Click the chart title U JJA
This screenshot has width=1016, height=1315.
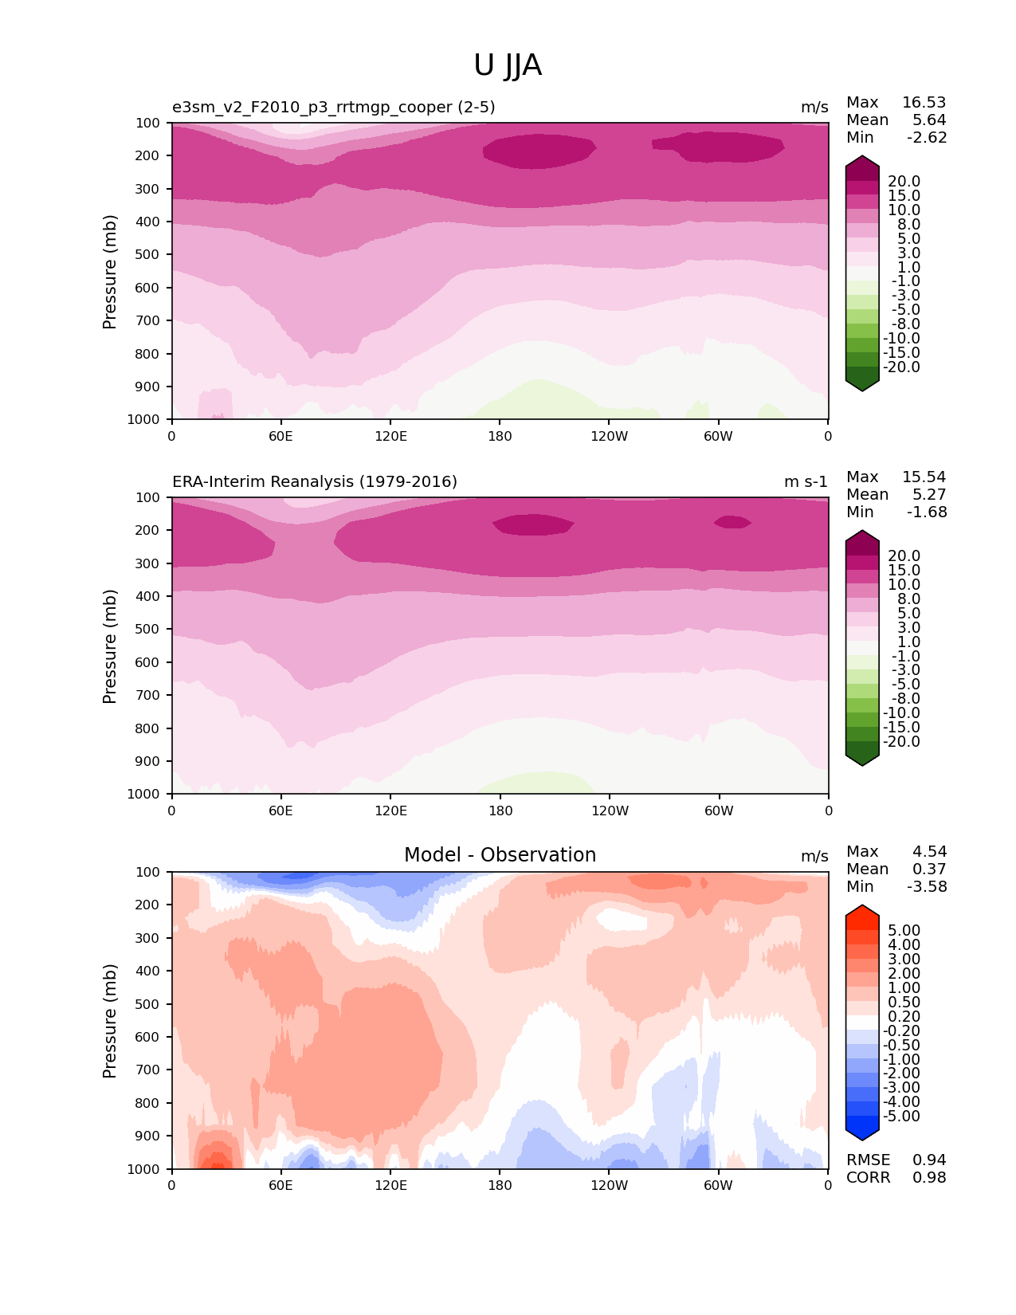tap(508, 65)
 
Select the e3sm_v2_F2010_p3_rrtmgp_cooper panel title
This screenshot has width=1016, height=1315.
tap(333, 108)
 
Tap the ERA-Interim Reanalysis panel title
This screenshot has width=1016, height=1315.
tap(315, 482)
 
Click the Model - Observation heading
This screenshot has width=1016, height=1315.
tap(500, 855)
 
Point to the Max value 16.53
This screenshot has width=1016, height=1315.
tap(924, 103)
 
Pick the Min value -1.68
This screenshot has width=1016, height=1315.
tap(927, 512)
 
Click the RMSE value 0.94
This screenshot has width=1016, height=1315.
tap(929, 1160)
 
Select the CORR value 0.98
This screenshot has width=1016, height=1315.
tap(929, 1178)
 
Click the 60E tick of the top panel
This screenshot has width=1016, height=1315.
tap(280, 436)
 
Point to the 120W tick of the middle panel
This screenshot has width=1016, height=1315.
tap(610, 811)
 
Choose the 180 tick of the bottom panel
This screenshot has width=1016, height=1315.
tap(500, 1185)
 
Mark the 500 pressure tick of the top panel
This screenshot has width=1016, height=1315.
tap(149, 255)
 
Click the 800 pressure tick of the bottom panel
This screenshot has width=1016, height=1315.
tap(149, 1103)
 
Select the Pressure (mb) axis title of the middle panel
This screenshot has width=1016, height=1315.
tap(110, 646)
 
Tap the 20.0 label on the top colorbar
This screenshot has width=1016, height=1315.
tap(904, 182)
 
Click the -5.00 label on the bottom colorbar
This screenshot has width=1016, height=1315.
tap(901, 1117)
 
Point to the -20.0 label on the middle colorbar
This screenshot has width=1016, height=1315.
tap(901, 742)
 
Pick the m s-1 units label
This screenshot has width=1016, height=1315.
tap(806, 482)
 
